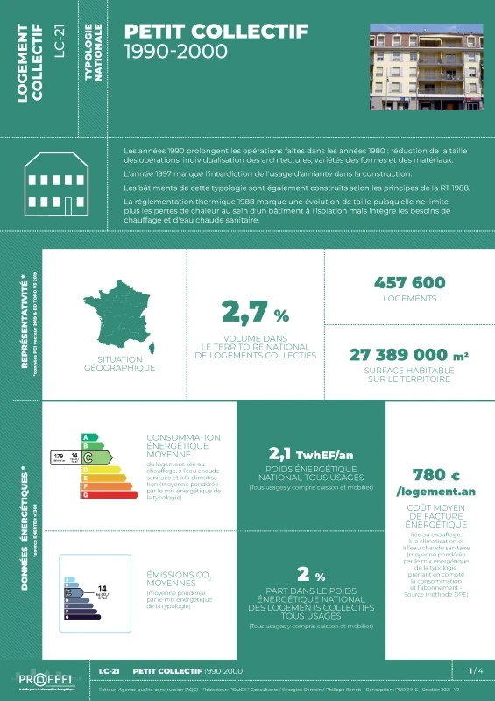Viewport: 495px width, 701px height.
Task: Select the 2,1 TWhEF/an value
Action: pos(311,454)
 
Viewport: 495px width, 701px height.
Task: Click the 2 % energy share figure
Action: pos(311,575)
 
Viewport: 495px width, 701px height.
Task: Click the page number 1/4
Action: pos(475,670)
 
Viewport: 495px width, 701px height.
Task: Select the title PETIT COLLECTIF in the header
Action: pos(216,32)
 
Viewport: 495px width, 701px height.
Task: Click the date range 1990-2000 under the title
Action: pos(176,52)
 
